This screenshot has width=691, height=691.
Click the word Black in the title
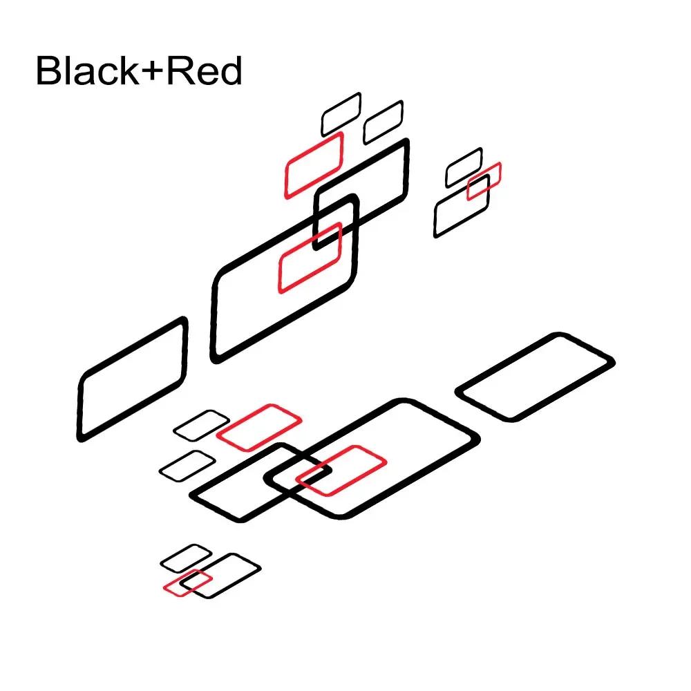click(87, 70)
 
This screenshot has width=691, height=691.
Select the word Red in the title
click(205, 70)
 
